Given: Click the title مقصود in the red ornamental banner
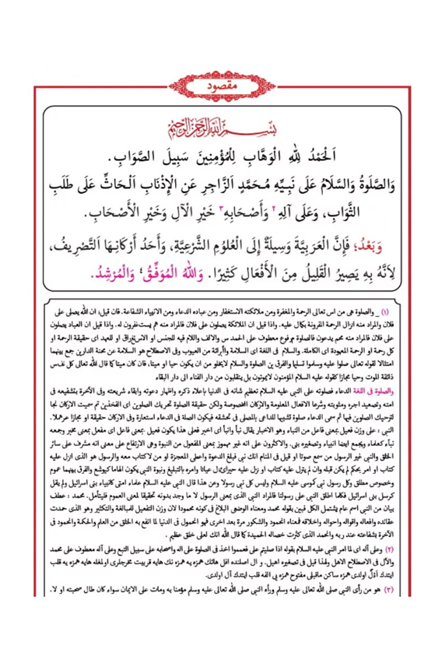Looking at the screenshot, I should (x=222, y=86).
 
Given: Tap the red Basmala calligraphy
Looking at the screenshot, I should (x=222, y=128).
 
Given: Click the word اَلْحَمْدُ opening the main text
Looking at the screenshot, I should (x=319, y=156).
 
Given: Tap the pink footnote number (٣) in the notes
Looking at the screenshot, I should (x=389, y=590).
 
